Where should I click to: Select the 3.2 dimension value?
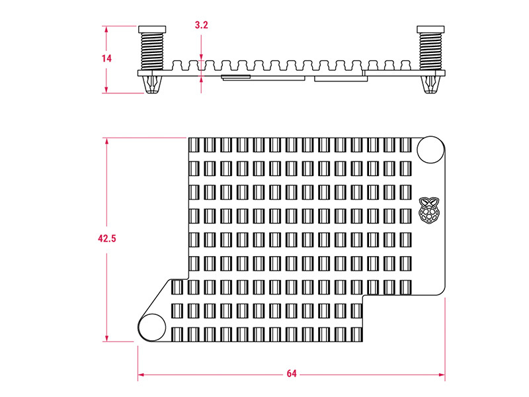pos(202,26)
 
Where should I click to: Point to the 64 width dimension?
pos(292,374)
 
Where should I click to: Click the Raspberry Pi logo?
pos(430,209)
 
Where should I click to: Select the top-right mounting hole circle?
pos(431,149)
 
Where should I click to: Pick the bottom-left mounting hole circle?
pos(152,327)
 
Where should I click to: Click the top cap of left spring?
pos(152,29)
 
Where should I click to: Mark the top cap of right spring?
pos(431,29)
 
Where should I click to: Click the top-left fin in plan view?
pos(194,146)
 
